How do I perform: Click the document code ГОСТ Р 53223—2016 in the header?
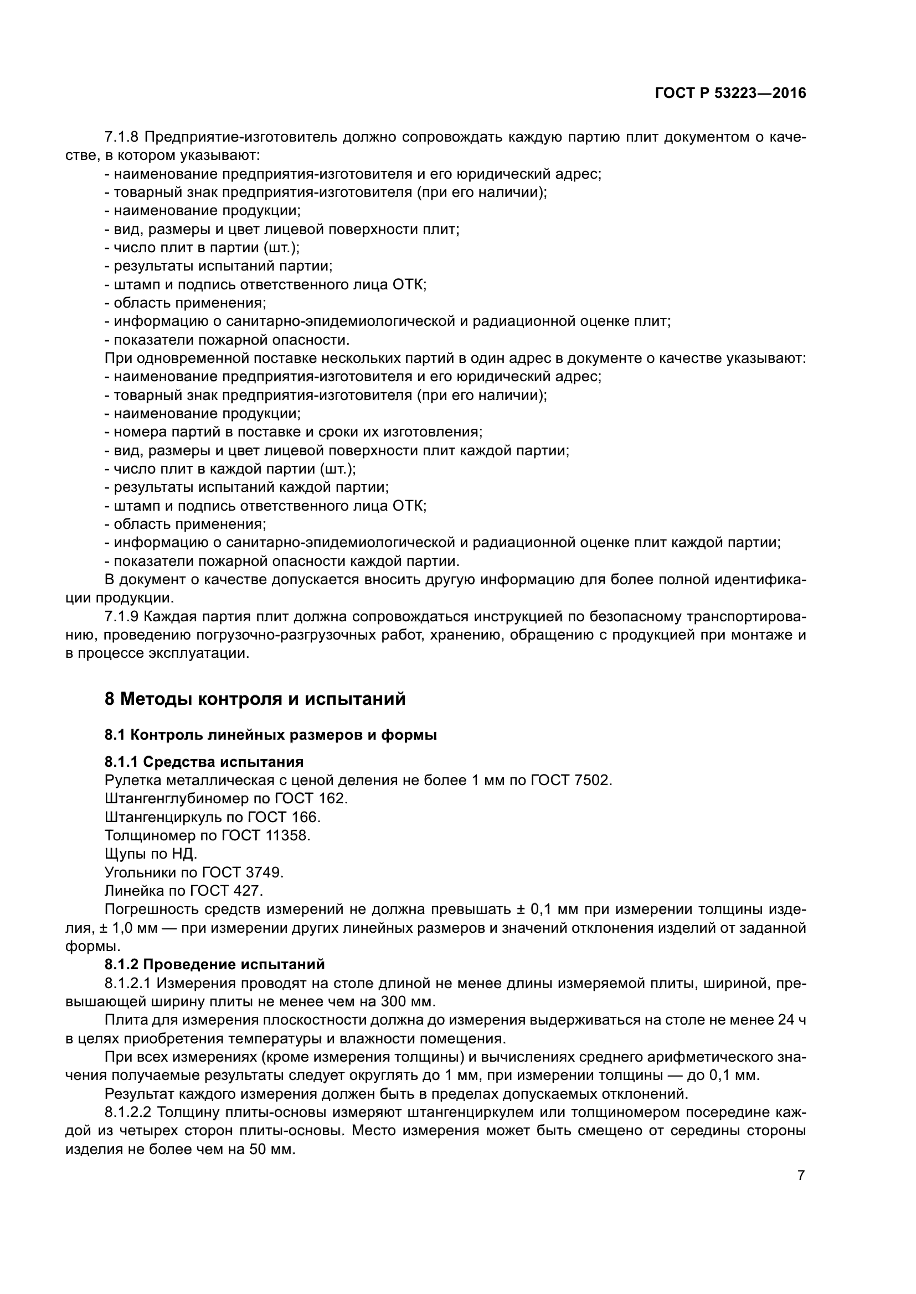click(x=730, y=93)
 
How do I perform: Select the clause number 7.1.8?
click(x=121, y=137)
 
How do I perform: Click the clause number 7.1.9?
click(x=121, y=616)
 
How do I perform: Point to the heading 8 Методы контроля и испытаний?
click(x=255, y=699)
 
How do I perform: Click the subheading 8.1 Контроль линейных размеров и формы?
click(x=270, y=735)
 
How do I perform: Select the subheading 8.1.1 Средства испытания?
click(x=204, y=762)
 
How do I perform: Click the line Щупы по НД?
click(x=151, y=854)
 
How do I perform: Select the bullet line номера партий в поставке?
click(x=294, y=432)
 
